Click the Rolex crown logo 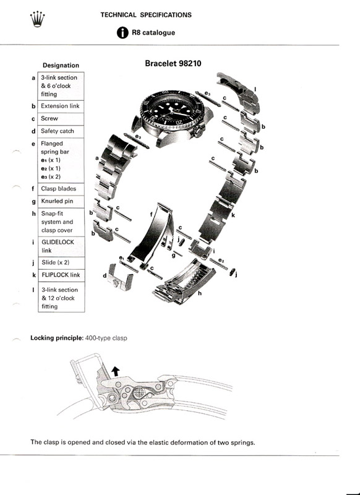click(x=38, y=19)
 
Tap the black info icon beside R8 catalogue click(x=122, y=33)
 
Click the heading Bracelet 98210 click(x=173, y=63)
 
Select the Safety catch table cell click(x=61, y=131)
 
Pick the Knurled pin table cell click(x=61, y=202)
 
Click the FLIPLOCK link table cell click(x=61, y=275)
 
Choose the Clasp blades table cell click(x=61, y=189)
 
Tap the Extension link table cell click(x=61, y=106)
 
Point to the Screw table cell click(x=61, y=119)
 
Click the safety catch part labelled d click(x=119, y=278)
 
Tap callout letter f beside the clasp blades click(x=151, y=214)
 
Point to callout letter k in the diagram click(x=233, y=215)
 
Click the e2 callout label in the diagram click(x=221, y=261)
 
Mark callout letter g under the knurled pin click(x=174, y=256)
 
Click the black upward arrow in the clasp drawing click(x=116, y=371)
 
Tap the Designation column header click(x=61, y=66)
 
